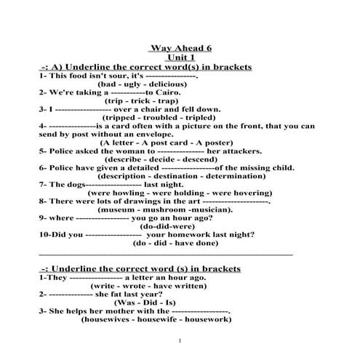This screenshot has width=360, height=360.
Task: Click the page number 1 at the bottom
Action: [179, 340]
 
